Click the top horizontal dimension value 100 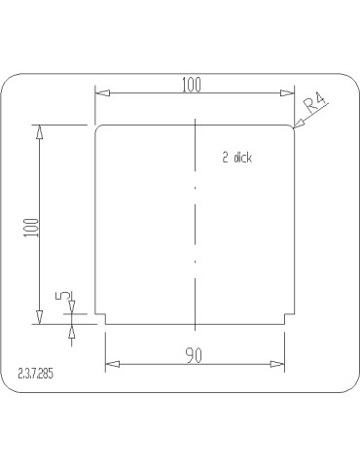(192, 85)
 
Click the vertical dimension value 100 (31, 228)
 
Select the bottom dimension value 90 (194, 355)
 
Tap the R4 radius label (314, 102)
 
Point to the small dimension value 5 (63, 296)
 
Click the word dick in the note (242, 158)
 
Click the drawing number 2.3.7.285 (35, 374)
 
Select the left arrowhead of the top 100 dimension (102, 93)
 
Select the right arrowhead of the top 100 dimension (287, 93)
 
